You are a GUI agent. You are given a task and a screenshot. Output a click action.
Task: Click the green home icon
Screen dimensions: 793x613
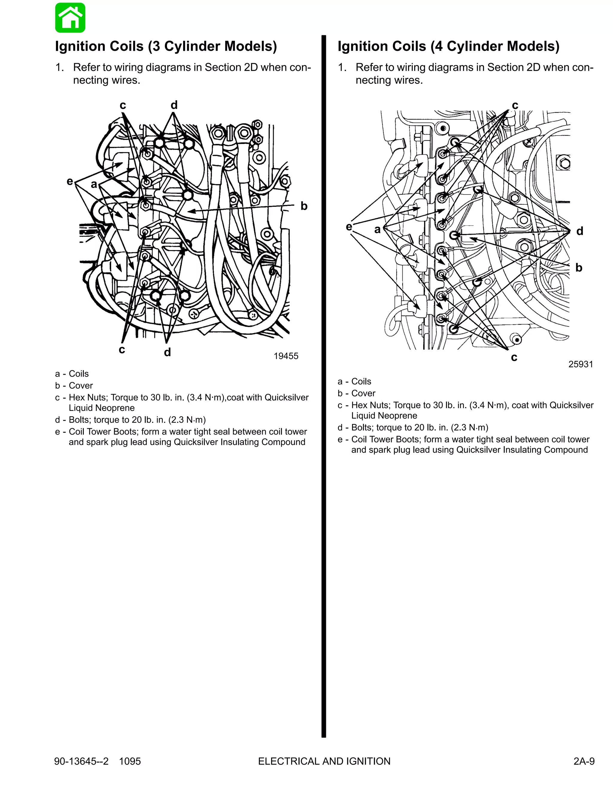click(70, 18)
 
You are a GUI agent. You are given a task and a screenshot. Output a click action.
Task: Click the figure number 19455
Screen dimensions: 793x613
click(286, 356)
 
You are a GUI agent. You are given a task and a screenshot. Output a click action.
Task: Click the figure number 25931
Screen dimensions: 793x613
click(580, 364)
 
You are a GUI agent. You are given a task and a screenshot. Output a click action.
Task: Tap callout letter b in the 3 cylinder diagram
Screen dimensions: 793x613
click(304, 206)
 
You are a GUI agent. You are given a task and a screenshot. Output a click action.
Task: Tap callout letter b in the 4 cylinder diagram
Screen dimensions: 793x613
click(579, 268)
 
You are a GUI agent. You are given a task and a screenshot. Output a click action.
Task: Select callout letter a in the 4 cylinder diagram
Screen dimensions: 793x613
click(377, 230)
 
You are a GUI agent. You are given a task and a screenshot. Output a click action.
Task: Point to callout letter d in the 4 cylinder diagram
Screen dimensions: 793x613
click(579, 231)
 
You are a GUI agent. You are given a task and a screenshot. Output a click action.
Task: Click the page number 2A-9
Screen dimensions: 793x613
click(584, 761)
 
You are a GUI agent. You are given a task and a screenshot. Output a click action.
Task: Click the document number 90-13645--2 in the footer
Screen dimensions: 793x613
click(81, 761)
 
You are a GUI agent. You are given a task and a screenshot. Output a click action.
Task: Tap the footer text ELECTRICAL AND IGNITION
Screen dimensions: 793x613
click(324, 761)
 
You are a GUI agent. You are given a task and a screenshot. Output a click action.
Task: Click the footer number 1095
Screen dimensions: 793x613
click(130, 761)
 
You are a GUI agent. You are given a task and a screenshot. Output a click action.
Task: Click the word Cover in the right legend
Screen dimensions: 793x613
click(363, 393)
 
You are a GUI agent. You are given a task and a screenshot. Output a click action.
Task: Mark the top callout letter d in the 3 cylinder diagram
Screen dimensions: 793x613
click(174, 105)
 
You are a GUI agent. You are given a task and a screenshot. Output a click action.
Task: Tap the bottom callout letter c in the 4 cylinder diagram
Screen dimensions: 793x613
click(514, 357)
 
